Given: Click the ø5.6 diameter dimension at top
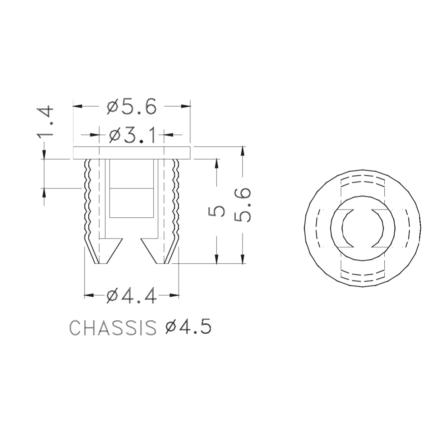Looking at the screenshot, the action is point(131,106).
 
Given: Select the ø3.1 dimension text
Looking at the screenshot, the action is point(132,135).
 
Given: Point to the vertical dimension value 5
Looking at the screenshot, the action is point(216,211).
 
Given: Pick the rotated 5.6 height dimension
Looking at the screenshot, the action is point(242,205).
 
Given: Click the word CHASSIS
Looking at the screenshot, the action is point(113,328).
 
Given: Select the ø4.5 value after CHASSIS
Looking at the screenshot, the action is point(188,328).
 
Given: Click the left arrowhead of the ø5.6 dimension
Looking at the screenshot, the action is point(77,106).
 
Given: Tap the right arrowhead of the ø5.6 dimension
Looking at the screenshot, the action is point(186,106).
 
